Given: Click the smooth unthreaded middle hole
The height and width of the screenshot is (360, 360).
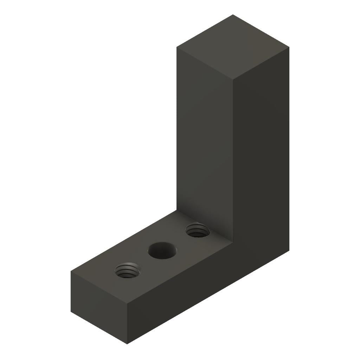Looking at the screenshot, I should [162, 251].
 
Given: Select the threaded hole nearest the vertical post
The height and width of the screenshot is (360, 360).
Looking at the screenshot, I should [197, 231].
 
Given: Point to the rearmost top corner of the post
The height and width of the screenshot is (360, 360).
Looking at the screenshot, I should [233, 15].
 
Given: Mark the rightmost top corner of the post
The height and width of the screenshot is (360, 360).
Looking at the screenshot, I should [289, 47].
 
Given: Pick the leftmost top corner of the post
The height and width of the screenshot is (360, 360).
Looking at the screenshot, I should [176, 47].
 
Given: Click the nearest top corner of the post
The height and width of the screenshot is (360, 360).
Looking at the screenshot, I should [233, 79].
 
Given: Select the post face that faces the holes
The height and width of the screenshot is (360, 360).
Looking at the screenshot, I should [204, 141].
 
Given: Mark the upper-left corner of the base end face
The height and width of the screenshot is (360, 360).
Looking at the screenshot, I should [71, 271].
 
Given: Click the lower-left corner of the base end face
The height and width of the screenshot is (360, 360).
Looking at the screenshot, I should [71, 311].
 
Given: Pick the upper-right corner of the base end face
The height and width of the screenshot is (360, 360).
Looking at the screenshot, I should [127, 304].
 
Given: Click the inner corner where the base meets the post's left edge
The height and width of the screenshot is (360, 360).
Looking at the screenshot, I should [176, 211].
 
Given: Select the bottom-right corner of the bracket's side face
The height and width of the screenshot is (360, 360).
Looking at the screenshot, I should [289, 250].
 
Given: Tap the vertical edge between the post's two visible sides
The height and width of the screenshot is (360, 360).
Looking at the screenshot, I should [233, 158].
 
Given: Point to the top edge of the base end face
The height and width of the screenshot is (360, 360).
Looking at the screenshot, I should [99, 288].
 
